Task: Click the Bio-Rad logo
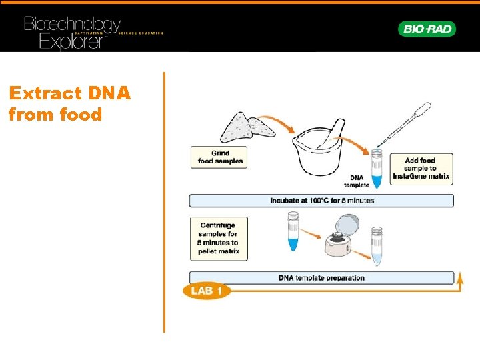(x=427, y=29)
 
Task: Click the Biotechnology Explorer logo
(x=73, y=32)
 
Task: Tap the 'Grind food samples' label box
(x=219, y=157)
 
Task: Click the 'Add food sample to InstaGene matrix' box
(x=420, y=169)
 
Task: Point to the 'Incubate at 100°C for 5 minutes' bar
(x=321, y=200)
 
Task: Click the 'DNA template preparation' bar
(x=321, y=277)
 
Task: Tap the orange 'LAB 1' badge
(x=206, y=291)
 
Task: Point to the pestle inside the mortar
(x=331, y=133)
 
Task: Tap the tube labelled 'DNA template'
(x=377, y=168)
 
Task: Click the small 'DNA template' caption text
(x=359, y=181)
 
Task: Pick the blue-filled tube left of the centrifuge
(x=293, y=231)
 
